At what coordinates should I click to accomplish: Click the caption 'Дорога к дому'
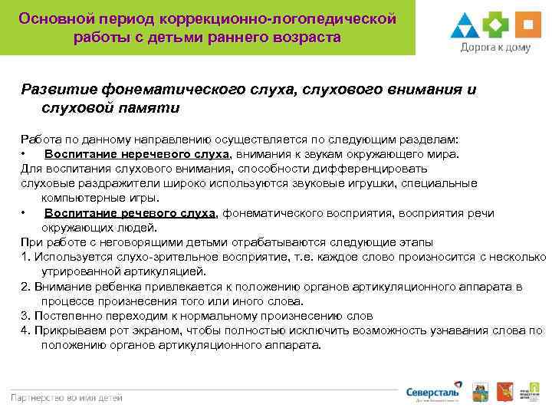pos(495,48)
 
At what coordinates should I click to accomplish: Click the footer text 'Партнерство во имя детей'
pos(66,397)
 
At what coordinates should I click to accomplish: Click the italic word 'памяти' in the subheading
pos(148,108)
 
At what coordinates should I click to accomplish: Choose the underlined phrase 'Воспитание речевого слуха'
pos(130,213)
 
